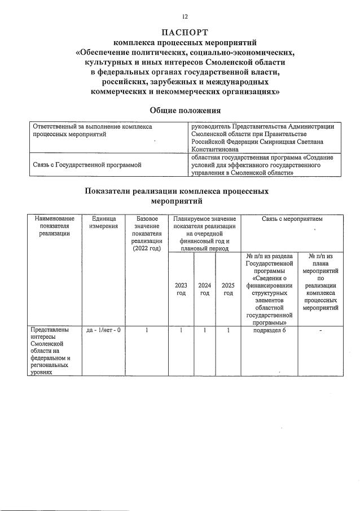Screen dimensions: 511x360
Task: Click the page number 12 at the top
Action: point(185,17)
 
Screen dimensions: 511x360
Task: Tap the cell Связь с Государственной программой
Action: point(87,165)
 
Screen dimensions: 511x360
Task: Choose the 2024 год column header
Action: point(205,289)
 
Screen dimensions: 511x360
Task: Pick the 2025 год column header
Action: point(228,289)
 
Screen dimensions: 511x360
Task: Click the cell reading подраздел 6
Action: point(270,330)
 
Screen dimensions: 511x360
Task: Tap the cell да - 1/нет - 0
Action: point(103,330)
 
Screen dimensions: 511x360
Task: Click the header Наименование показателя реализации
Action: point(54,226)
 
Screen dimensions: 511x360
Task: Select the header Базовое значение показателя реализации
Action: point(146,233)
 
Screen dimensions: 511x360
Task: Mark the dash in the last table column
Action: point(321,330)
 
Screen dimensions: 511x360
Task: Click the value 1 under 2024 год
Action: point(205,330)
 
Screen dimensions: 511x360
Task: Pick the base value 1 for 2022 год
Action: point(146,330)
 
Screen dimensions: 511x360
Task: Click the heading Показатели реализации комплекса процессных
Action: point(177,191)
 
